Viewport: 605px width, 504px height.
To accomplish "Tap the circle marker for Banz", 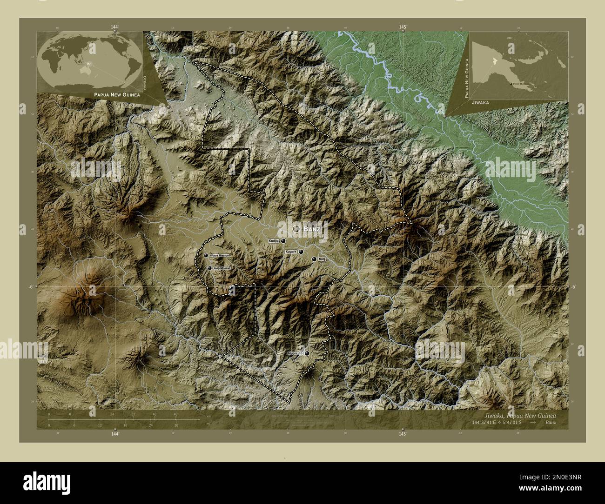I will (x=296, y=229).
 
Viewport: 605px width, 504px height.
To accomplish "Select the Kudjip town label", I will (x=274, y=241).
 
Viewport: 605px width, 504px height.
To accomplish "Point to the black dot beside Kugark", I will (x=301, y=252).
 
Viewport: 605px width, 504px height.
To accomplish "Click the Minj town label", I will (x=321, y=259).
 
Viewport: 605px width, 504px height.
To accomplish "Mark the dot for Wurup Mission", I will (x=206, y=255).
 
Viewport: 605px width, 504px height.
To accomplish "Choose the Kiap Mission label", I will (x=222, y=268).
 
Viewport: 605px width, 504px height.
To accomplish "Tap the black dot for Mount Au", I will (x=307, y=353).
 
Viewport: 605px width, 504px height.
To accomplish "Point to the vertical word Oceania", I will (x=145, y=82).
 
